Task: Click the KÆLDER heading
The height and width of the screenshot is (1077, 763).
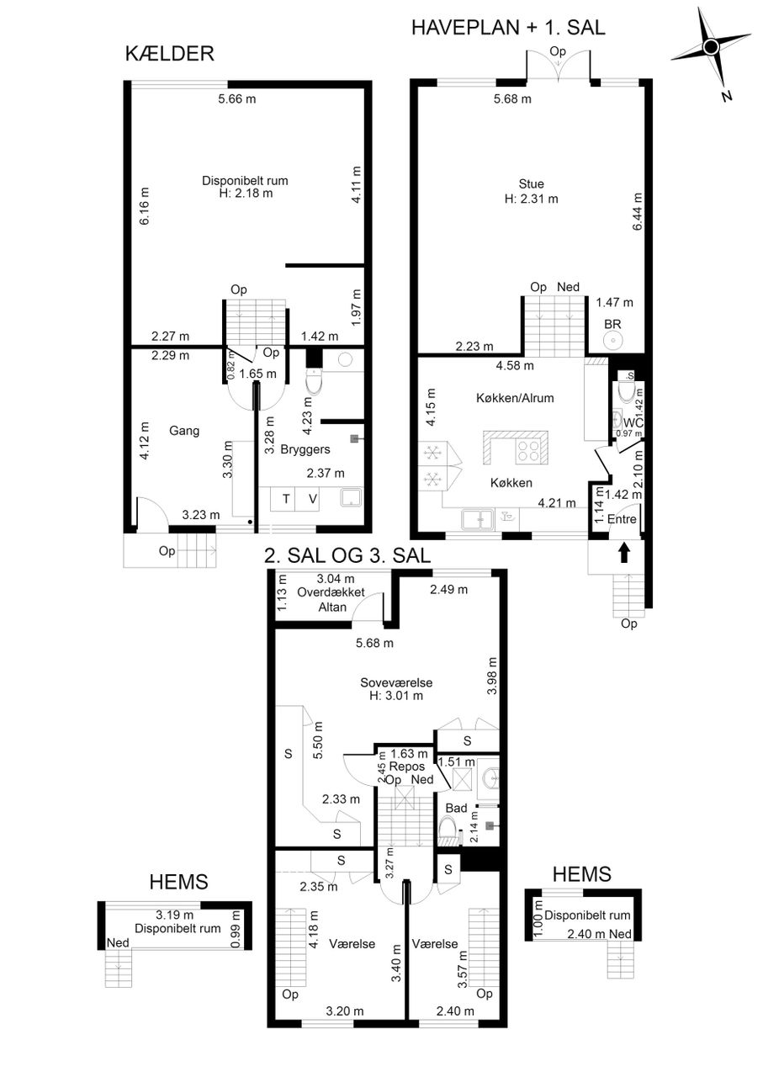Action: click(170, 54)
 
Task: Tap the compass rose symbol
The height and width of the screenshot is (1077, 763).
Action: click(711, 47)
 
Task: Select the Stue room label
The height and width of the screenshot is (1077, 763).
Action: click(532, 183)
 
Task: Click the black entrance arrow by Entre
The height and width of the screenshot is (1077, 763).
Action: click(624, 552)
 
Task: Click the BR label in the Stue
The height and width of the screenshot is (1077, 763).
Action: click(612, 325)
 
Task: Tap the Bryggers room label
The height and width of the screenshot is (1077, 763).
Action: click(305, 449)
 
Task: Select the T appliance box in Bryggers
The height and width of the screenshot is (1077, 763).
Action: click(286, 499)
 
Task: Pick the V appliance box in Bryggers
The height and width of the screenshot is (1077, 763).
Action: click(312, 499)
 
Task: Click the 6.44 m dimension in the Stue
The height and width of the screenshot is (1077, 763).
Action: click(638, 211)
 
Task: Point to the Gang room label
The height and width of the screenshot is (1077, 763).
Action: click(184, 431)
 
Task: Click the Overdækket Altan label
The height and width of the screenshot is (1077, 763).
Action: click(331, 600)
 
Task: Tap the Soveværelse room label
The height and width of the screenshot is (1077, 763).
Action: click(396, 682)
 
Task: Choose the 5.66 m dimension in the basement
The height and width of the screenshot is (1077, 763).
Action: click(237, 99)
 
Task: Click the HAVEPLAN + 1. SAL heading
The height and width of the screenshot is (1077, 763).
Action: click(508, 28)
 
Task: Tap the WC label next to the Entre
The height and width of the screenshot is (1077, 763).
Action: click(633, 423)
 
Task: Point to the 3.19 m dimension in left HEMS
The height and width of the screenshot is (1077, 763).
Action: click(174, 915)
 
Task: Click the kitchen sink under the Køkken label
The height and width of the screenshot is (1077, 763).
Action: click(478, 520)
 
